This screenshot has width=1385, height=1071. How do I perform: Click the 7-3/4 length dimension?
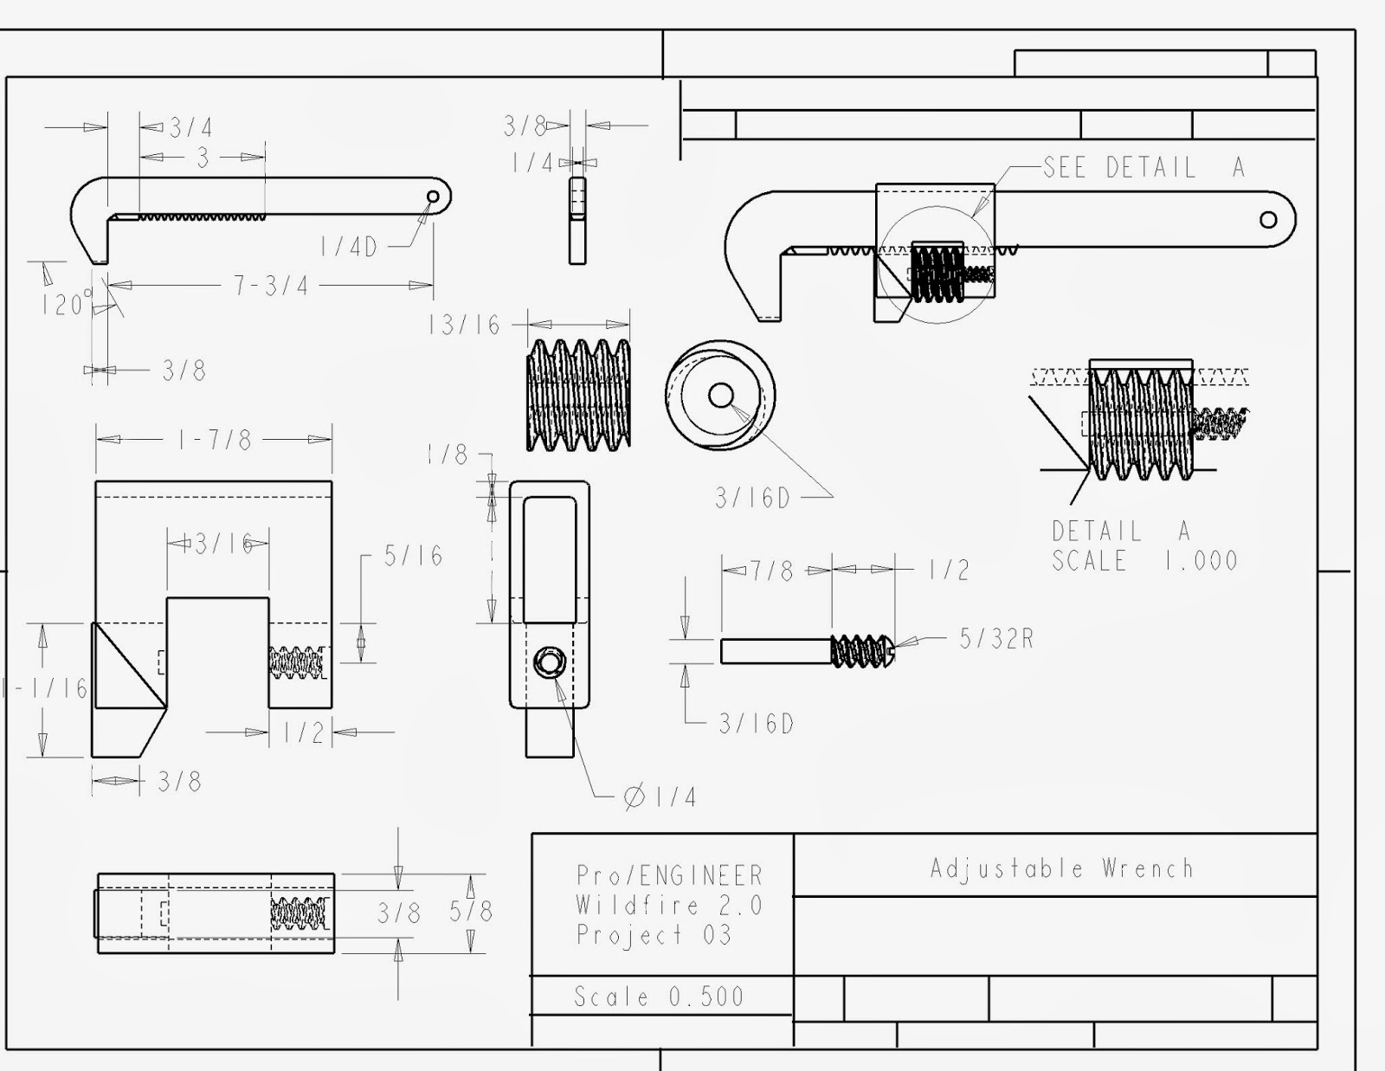tap(271, 285)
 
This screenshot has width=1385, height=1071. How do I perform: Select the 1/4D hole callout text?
tap(348, 247)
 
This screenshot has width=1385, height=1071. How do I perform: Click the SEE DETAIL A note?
tap(1143, 167)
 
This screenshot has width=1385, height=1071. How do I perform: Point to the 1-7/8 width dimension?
tap(215, 440)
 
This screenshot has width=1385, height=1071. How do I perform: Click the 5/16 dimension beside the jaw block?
tap(413, 556)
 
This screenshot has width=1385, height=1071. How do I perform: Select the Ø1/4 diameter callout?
tap(660, 797)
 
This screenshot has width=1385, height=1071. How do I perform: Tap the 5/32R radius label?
tap(995, 639)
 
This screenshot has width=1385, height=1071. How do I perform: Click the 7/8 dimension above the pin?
tap(770, 571)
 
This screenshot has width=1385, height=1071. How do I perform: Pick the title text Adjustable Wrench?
tap(1061, 868)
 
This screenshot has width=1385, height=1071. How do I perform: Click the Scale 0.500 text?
tap(659, 997)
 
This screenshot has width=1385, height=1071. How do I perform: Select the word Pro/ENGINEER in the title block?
tap(669, 875)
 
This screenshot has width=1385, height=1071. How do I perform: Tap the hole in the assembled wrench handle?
tap(1268, 219)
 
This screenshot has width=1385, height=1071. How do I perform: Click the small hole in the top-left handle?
tap(433, 197)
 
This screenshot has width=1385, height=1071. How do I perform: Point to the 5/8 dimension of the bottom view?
tap(470, 912)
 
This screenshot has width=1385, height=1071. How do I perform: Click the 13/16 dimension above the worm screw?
tap(464, 326)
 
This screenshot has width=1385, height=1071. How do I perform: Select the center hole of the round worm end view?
tap(720, 396)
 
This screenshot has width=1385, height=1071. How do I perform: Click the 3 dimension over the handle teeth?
tap(203, 158)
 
